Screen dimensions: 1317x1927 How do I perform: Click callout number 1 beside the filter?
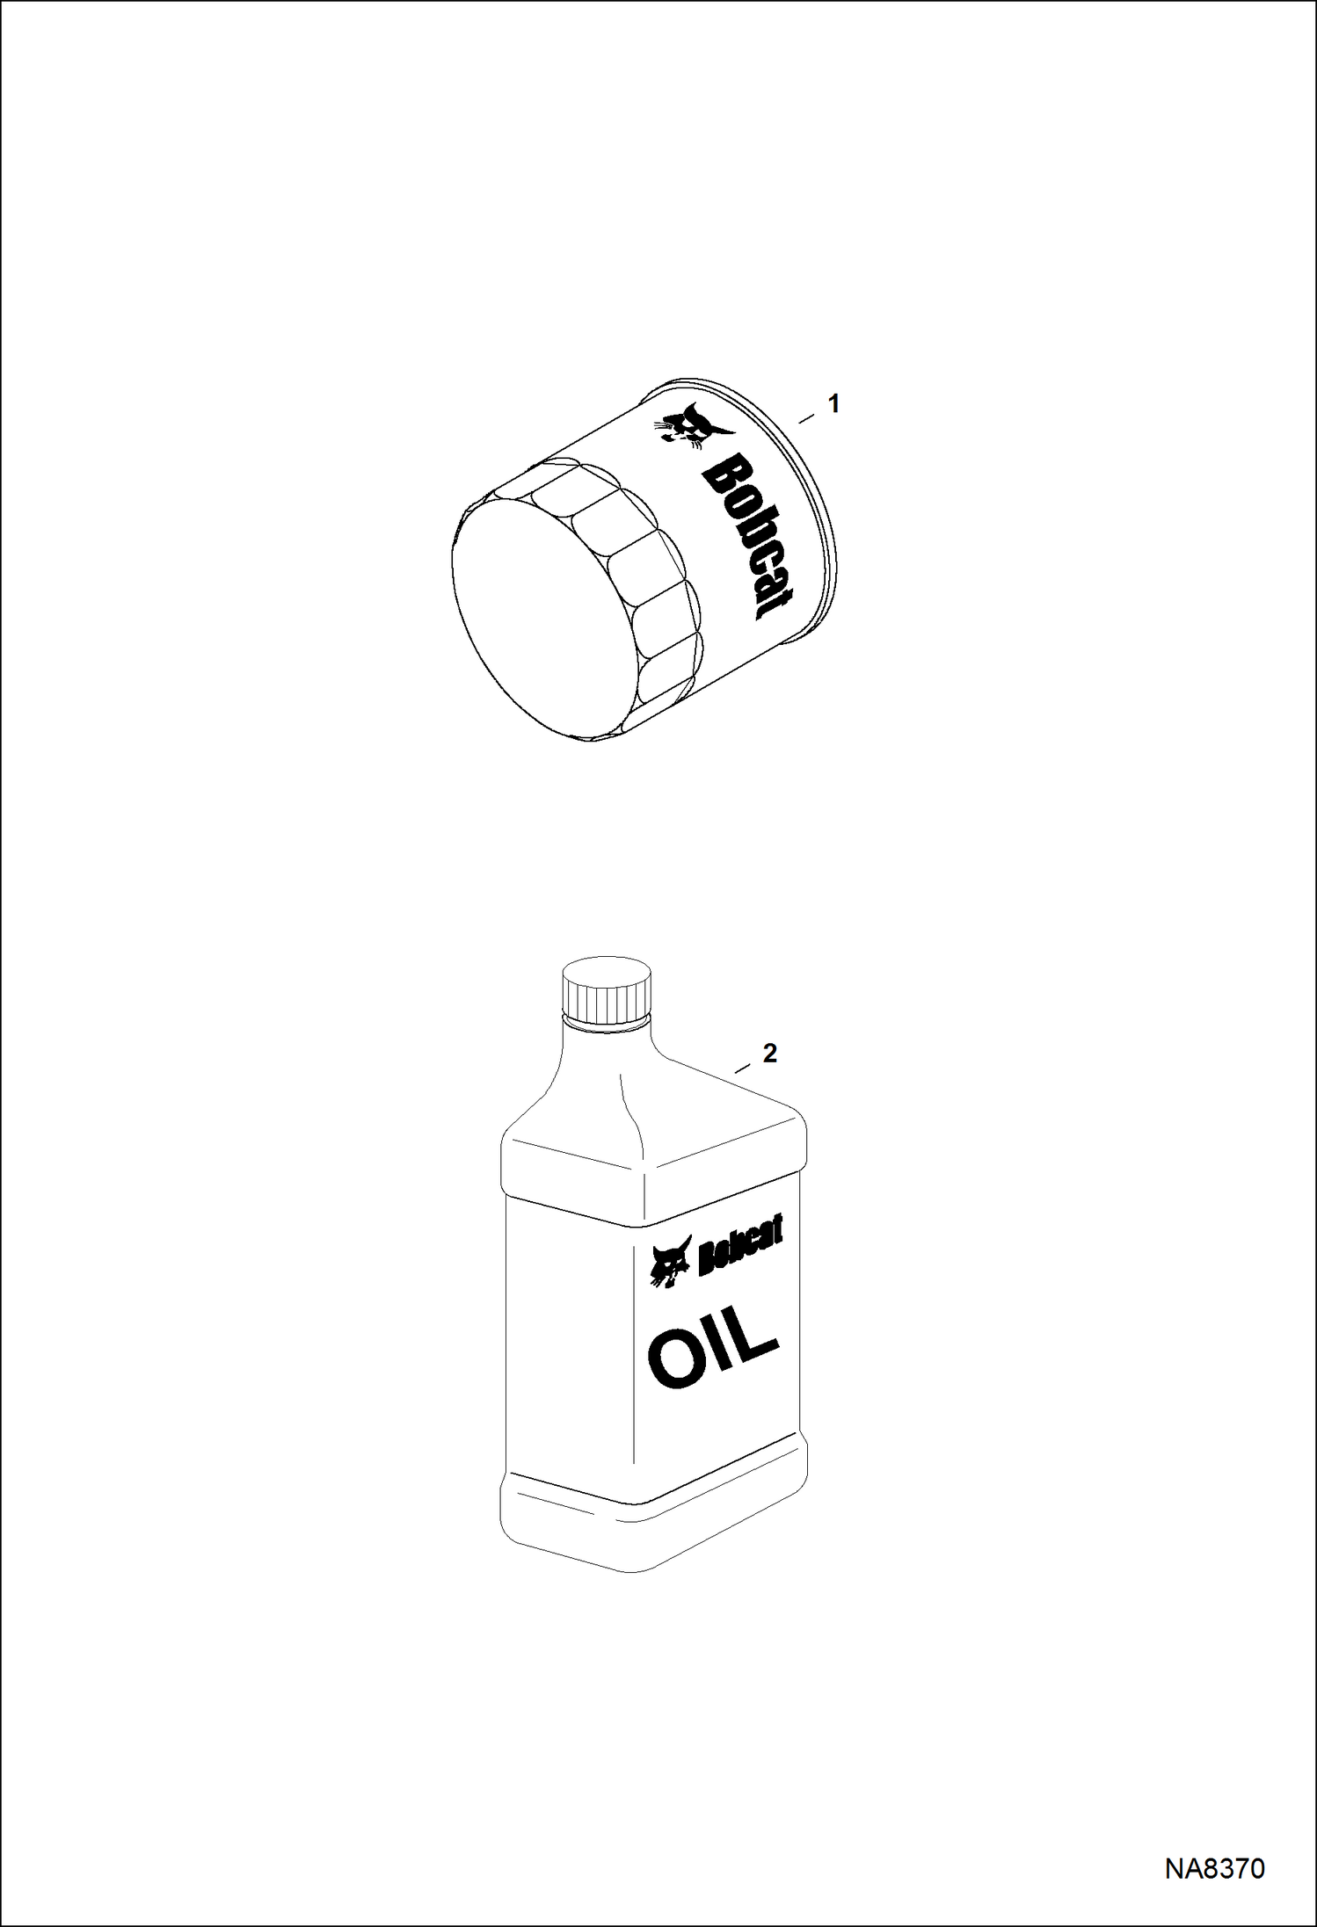tap(833, 404)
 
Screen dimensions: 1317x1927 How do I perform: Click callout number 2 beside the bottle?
tap(769, 1053)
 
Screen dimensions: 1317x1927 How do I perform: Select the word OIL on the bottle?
tap(714, 1353)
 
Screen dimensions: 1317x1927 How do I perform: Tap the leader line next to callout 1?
tap(806, 419)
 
